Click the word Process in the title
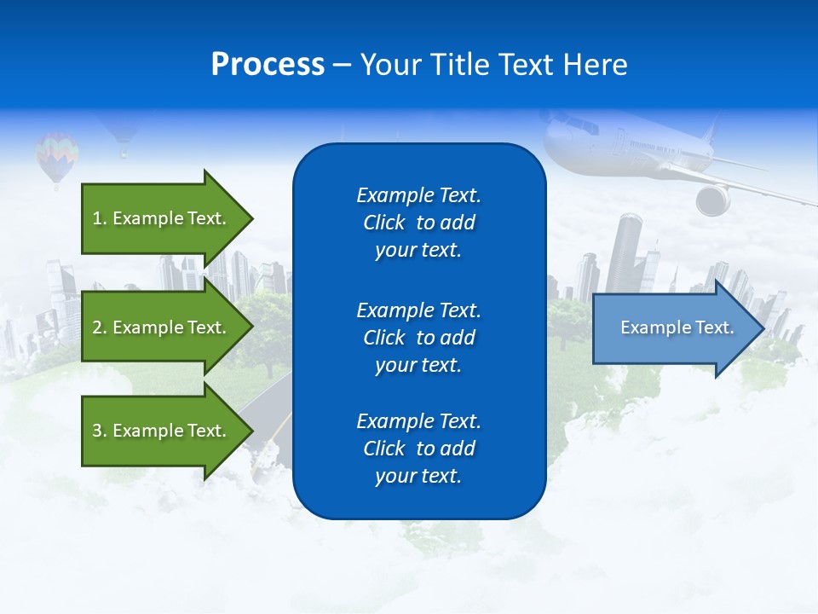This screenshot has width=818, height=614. point(268,65)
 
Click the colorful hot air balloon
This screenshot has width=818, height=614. point(56,154)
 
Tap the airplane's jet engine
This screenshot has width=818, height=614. point(713,200)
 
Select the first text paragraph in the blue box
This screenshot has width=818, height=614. point(418,223)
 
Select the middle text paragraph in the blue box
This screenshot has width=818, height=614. point(418,337)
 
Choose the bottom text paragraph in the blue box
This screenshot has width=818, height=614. point(418,449)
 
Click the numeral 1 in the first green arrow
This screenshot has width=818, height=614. point(96,218)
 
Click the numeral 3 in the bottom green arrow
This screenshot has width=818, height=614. point(96,431)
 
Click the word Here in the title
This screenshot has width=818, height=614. point(594,65)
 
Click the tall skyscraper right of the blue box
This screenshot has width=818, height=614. point(627,252)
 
